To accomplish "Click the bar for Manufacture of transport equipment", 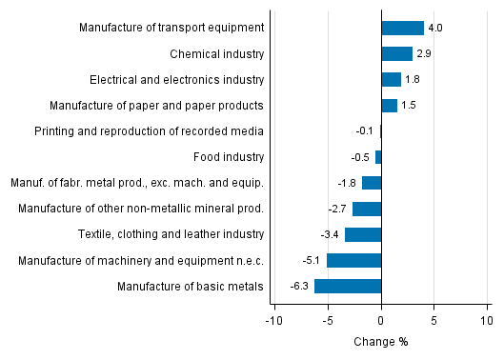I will tap(402, 28).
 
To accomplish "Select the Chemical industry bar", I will tap(396, 53).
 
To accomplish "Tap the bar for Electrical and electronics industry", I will tap(391, 79).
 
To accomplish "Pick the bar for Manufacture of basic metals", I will tap(348, 286).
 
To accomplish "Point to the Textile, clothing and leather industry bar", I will tap(363, 234).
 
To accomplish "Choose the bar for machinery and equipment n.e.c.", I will tap(353, 260).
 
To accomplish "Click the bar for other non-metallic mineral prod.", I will tap(367, 209).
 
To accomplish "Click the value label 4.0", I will tap(435, 28).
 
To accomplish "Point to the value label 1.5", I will tap(409, 105).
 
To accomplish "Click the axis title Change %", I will tap(381, 341).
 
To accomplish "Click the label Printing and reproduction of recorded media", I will tap(149, 131).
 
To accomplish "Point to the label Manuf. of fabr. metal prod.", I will tap(136, 183).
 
